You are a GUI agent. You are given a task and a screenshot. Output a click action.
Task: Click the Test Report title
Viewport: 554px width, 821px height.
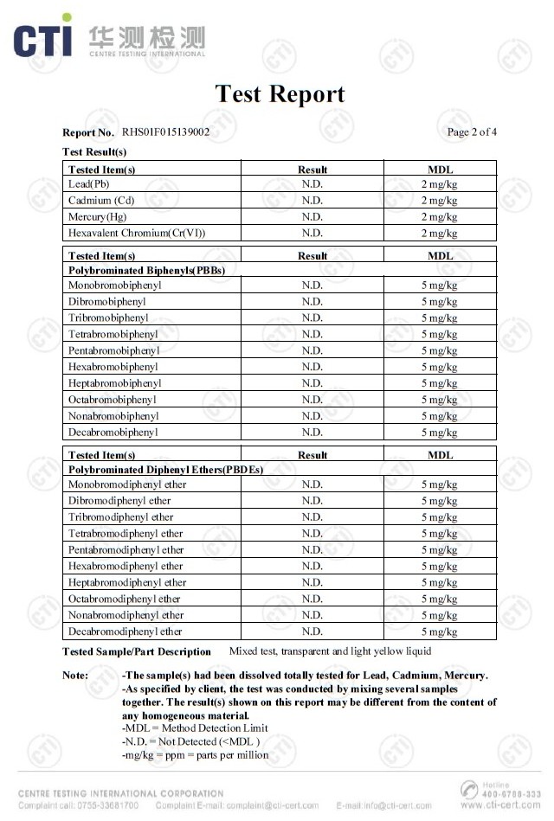tap(280, 93)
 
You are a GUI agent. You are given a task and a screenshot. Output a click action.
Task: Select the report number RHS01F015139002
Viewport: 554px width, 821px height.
tap(165, 132)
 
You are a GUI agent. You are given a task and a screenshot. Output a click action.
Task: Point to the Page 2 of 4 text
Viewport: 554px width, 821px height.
tap(472, 132)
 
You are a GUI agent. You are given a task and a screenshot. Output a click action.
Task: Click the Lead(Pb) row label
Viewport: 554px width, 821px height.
tap(89, 184)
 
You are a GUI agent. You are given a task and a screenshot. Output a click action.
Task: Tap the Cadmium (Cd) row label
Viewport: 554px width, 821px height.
tap(101, 201)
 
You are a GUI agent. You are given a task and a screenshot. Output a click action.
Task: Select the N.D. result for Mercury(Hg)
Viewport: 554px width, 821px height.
tap(312, 217)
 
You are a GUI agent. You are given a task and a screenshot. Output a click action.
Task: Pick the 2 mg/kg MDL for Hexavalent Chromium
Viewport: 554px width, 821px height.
tap(439, 234)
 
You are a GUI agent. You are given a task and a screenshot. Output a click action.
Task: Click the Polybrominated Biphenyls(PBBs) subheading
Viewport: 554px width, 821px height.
tap(146, 270)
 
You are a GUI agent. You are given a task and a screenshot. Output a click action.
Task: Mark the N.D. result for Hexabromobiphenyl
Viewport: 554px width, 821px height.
tap(312, 367)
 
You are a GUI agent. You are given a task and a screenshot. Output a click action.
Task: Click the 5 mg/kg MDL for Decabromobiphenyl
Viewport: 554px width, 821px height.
tap(439, 433)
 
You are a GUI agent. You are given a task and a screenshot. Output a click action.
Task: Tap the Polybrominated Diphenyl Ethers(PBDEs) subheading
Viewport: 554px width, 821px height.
tap(165, 469)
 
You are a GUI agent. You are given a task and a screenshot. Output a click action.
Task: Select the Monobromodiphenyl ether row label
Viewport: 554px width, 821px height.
tap(127, 484)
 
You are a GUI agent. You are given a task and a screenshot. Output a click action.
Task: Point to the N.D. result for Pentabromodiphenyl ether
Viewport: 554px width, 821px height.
tap(312, 550)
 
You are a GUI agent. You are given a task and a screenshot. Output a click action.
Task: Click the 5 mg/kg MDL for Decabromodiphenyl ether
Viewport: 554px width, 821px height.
tap(439, 632)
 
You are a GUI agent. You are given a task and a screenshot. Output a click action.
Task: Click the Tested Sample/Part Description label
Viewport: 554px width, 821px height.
tap(137, 651)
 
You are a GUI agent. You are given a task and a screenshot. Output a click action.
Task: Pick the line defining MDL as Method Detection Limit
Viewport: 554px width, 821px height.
tap(195, 728)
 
